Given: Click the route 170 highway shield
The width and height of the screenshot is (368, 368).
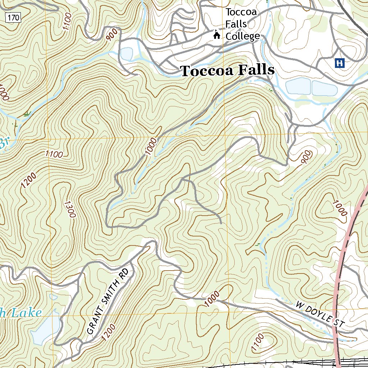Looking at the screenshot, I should [13, 17].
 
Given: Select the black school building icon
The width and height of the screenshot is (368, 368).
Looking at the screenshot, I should [217, 35].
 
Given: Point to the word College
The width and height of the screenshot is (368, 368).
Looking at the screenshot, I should [243, 36].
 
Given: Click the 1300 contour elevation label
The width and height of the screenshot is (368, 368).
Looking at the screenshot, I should [70, 209].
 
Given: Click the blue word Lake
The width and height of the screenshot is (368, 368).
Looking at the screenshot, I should [25, 313].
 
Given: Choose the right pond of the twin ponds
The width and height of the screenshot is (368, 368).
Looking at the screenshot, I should [324, 88].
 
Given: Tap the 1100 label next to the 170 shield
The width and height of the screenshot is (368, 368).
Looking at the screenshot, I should [67, 22].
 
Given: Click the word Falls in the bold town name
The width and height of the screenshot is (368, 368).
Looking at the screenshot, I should [253, 70].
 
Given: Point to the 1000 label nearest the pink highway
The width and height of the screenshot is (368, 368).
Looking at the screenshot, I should [340, 208].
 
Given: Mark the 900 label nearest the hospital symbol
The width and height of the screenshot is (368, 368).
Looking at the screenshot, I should [306, 157].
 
